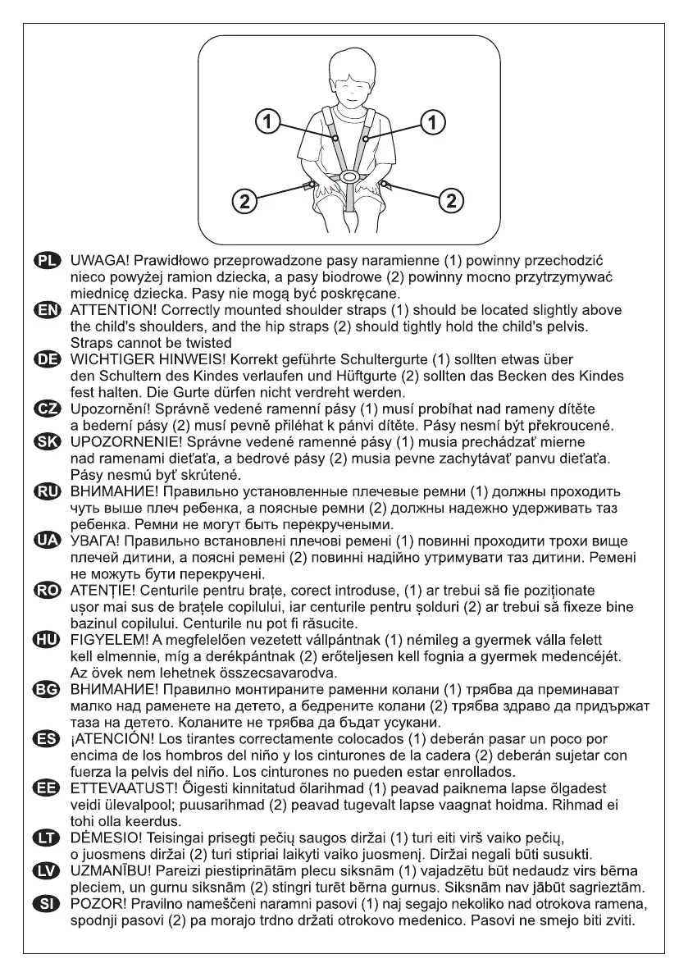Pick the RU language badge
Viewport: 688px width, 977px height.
[58, 492]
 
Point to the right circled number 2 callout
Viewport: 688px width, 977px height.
[452, 198]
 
